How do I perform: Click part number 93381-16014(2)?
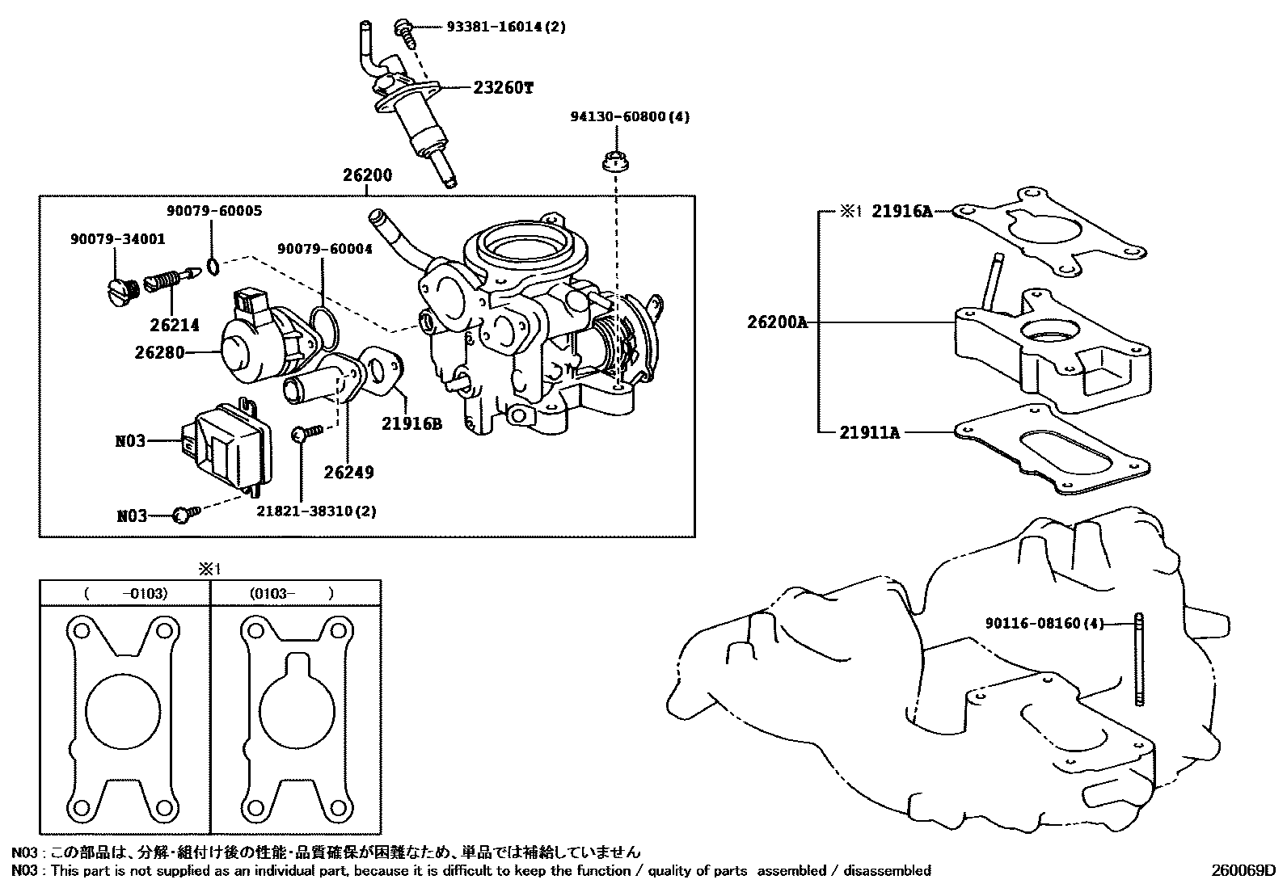point(506,27)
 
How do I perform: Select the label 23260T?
point(503,88)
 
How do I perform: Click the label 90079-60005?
point(214,211)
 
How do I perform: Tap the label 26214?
point(174,325)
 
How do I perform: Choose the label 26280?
point(159,352)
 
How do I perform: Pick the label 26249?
point(349,472)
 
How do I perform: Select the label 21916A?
point(901,212)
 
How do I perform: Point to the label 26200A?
point(777,322)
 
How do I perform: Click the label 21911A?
point(869,432)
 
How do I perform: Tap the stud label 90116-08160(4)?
point(1044,624)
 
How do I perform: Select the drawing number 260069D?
point(1243,870)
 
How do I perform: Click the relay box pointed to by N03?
point(230,444)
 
